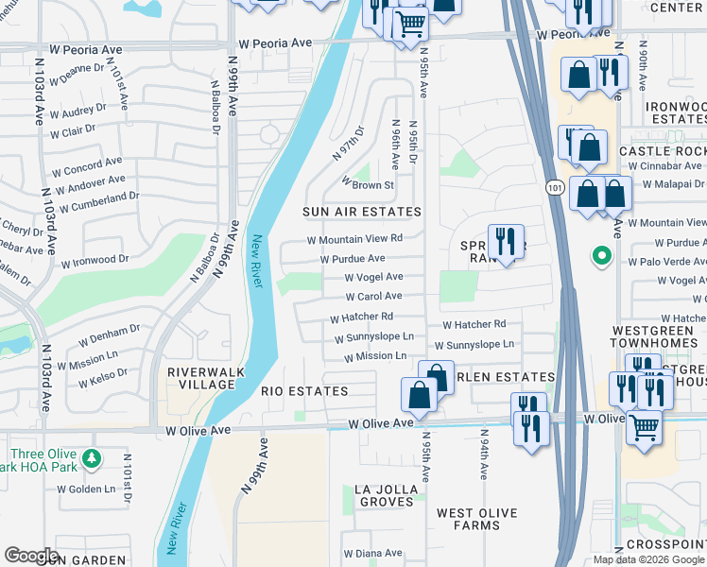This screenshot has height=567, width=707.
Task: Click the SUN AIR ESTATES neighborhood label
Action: pos(361,212)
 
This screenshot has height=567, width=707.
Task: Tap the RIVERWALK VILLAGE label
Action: pos(200,378)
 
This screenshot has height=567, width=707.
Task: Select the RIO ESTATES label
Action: pos(304,391)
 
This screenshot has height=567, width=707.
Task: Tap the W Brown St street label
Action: pos(367,184)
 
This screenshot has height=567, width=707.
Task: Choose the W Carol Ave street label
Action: pos(373,297)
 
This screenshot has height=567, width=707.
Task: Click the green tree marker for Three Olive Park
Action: pos(91,459)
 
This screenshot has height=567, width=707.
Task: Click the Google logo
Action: pos(31,556)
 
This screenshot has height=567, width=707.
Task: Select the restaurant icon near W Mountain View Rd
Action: pos(506,240)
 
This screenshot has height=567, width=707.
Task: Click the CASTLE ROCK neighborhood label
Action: pos(662,151)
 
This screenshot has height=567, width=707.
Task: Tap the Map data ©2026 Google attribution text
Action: pos(648,559)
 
